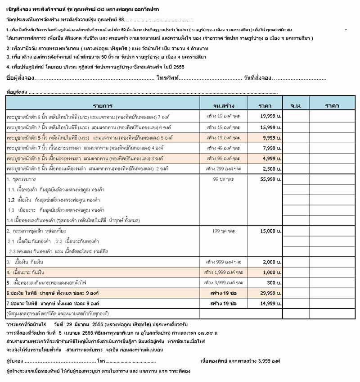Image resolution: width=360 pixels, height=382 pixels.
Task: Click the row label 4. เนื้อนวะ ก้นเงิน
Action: tap(27, 273)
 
